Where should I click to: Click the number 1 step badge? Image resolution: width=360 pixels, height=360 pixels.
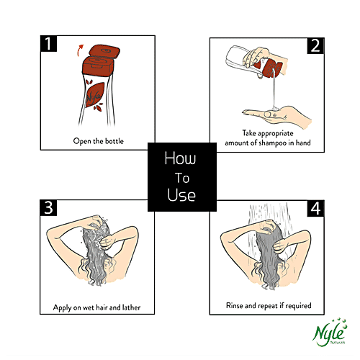pyautogui.click(x=48, y=43)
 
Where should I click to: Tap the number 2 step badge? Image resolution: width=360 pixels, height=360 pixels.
pyautogui.click(x=315, y=45)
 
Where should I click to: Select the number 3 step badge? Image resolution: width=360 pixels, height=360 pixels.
pyautogui.click(x=48, y=207)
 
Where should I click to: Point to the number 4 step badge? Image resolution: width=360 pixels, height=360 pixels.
pyautogui.click(x=315, y=208)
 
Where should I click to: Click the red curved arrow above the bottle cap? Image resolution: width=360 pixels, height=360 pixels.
pyautogui.click(x=79, y=50)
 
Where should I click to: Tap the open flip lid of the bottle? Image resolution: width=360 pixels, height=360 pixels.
pyautogui.click(x=104, y=52)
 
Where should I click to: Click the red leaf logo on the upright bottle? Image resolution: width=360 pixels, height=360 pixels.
pyautogui.click(x=94, y=95)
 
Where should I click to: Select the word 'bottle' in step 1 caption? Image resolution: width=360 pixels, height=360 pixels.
pyautogui.click(x=114, y=141)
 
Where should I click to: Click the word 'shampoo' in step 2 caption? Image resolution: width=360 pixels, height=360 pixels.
pyautogui.click(x=273, y=143)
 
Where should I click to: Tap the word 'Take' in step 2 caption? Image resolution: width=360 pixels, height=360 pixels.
pyautogui.click(x=249, y=133)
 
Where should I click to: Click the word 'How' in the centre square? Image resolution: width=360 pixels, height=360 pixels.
pyautogui.click(x=180, y=158)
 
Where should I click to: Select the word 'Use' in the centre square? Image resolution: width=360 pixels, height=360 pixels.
pyautogui.click(x=181, y=194)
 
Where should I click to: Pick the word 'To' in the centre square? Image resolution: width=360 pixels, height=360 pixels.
pyautogui.click(x=182, y=178)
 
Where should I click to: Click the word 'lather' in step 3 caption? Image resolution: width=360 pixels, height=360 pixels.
pyautogui.click(x=131, y=307)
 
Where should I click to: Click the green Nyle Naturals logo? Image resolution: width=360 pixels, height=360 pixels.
pyautogui.click(x=330, y=333)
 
